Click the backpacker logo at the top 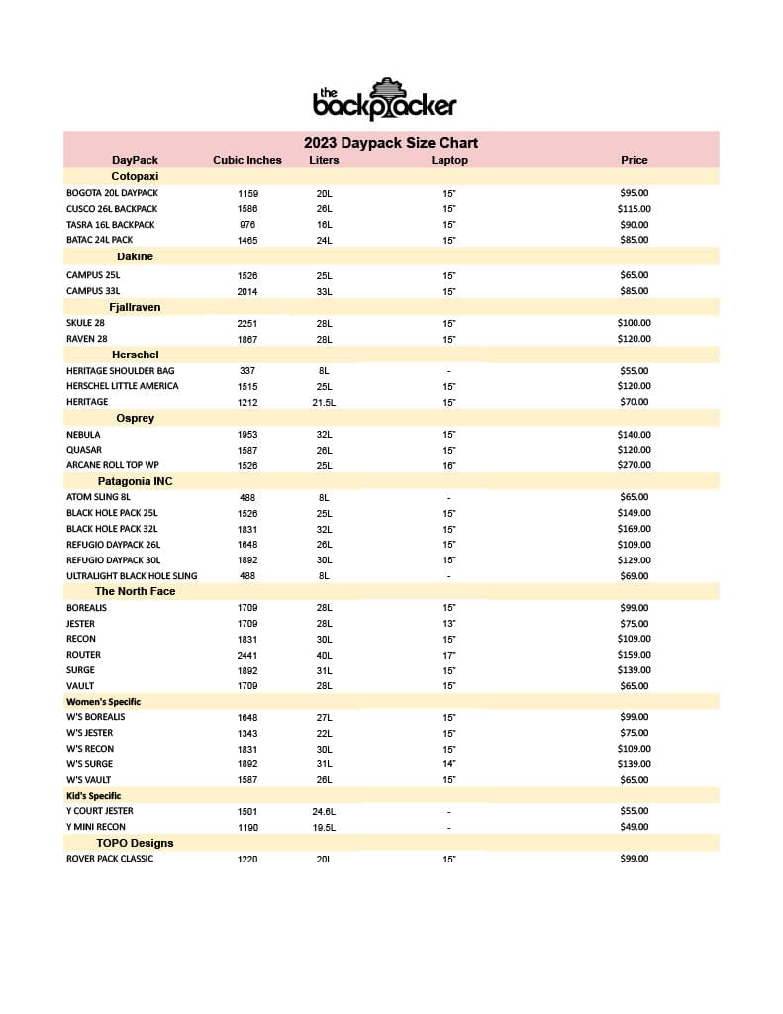click(384, 98)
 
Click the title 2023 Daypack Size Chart click(391, 143)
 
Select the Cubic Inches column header click(247, 160)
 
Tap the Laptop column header click(449, 160)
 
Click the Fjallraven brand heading click(135, 307)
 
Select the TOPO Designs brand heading click(135, 843)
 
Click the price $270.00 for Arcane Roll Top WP click(634, 465)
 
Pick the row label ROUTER click(83, 655)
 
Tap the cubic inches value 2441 click(247, 655)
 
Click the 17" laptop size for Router click(449, 655)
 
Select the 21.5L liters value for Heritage click(324, 402)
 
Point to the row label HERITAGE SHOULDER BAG click(120, 370)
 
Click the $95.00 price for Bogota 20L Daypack click(634, 193)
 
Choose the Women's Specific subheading click(103, 701)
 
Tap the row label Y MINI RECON click(96, 827)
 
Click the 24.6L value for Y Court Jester click(324, 811)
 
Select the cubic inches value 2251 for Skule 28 click(247, 323)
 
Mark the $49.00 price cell click(634, 827)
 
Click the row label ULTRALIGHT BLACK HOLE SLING click(132, 575)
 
